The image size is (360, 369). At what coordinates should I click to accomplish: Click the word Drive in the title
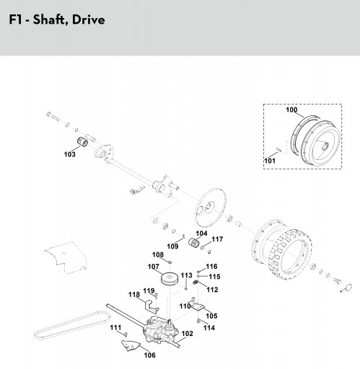88,19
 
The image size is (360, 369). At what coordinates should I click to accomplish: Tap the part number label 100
291,110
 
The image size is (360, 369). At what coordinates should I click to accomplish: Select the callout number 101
270,161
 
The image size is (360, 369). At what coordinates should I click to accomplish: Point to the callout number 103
70,154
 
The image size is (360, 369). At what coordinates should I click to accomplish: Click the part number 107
154,267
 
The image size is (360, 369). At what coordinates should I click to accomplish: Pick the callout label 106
149,355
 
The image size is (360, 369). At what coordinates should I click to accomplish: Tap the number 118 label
134,295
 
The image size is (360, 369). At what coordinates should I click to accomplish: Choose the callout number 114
209,328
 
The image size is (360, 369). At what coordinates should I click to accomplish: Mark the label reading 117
217,239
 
